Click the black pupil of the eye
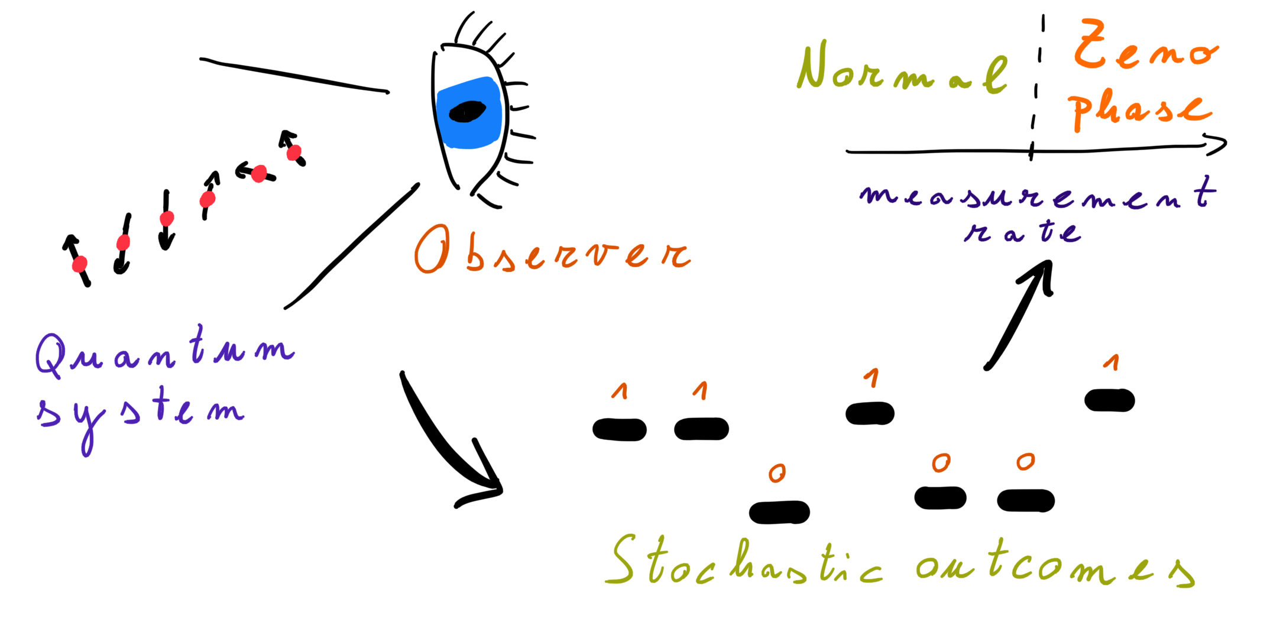[x=467, y=111]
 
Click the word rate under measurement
[x=1023, y=232]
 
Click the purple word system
[x=139, y=411]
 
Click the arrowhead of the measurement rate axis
[x=1218, y=144]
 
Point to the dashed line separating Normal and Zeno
[x=1036, y=89]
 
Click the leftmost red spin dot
[x=80, y=264]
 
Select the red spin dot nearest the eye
[x=294, y=153]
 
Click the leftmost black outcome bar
[x=619, y=430]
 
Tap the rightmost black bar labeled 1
[x=1109, y=400]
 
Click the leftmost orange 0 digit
[x=777, y=472]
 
